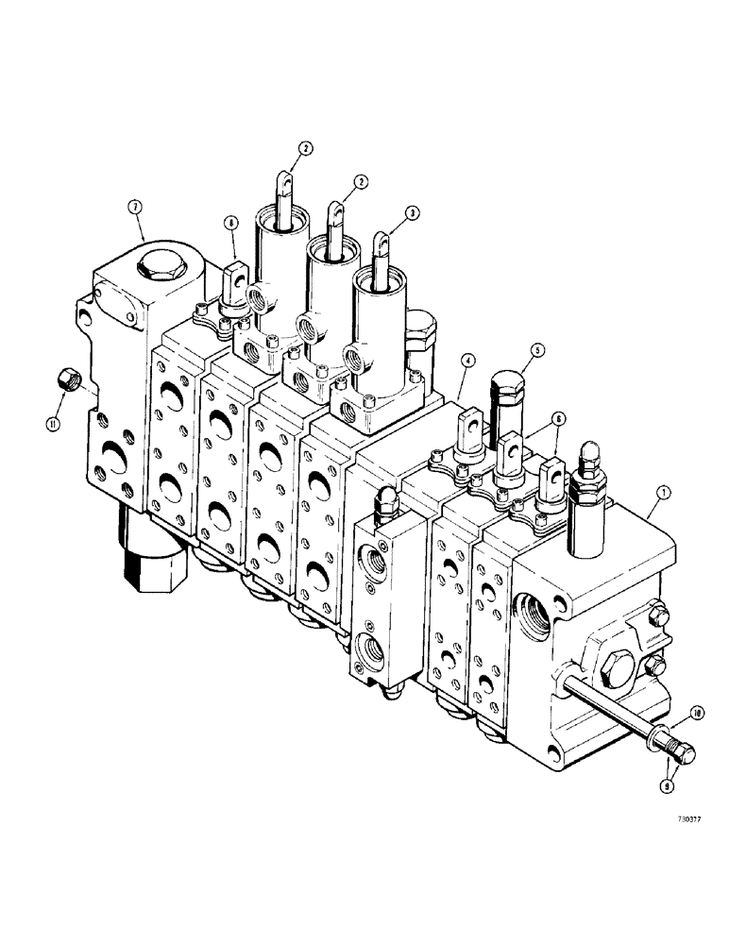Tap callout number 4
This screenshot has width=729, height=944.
tap(466, 360)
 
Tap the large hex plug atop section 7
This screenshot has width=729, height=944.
tap(156, 265)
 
